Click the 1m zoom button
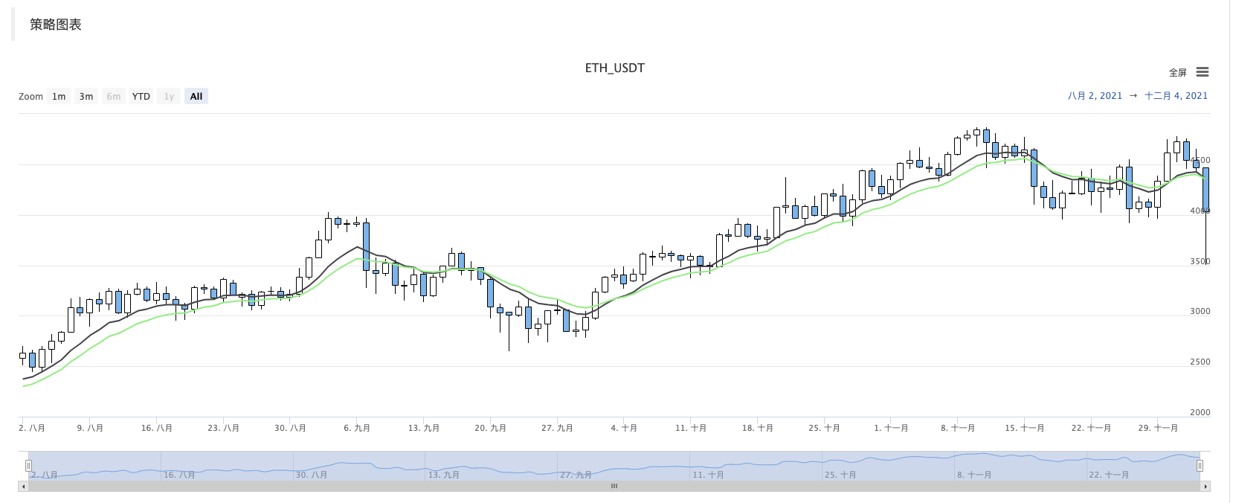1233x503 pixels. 59,96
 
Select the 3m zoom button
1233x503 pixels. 86,96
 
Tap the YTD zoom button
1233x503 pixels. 141,96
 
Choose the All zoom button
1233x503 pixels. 196,96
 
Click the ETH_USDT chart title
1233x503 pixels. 614,68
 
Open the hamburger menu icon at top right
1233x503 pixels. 1203,72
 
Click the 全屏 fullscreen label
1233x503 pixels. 1178,73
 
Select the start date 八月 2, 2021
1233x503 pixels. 1095,95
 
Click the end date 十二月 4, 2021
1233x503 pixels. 1176,95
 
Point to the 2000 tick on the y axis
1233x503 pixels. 1200,412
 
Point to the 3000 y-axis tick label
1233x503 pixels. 1200,311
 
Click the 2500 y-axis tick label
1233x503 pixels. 1200,362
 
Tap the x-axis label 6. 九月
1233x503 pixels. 357,428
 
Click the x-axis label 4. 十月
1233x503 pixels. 624,428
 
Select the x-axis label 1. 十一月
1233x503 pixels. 891,428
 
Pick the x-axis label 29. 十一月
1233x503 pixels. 1158,428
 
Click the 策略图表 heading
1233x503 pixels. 56,25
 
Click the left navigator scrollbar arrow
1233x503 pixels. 23,486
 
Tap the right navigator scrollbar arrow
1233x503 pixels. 1205,486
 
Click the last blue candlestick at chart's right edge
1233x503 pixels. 1205,190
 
